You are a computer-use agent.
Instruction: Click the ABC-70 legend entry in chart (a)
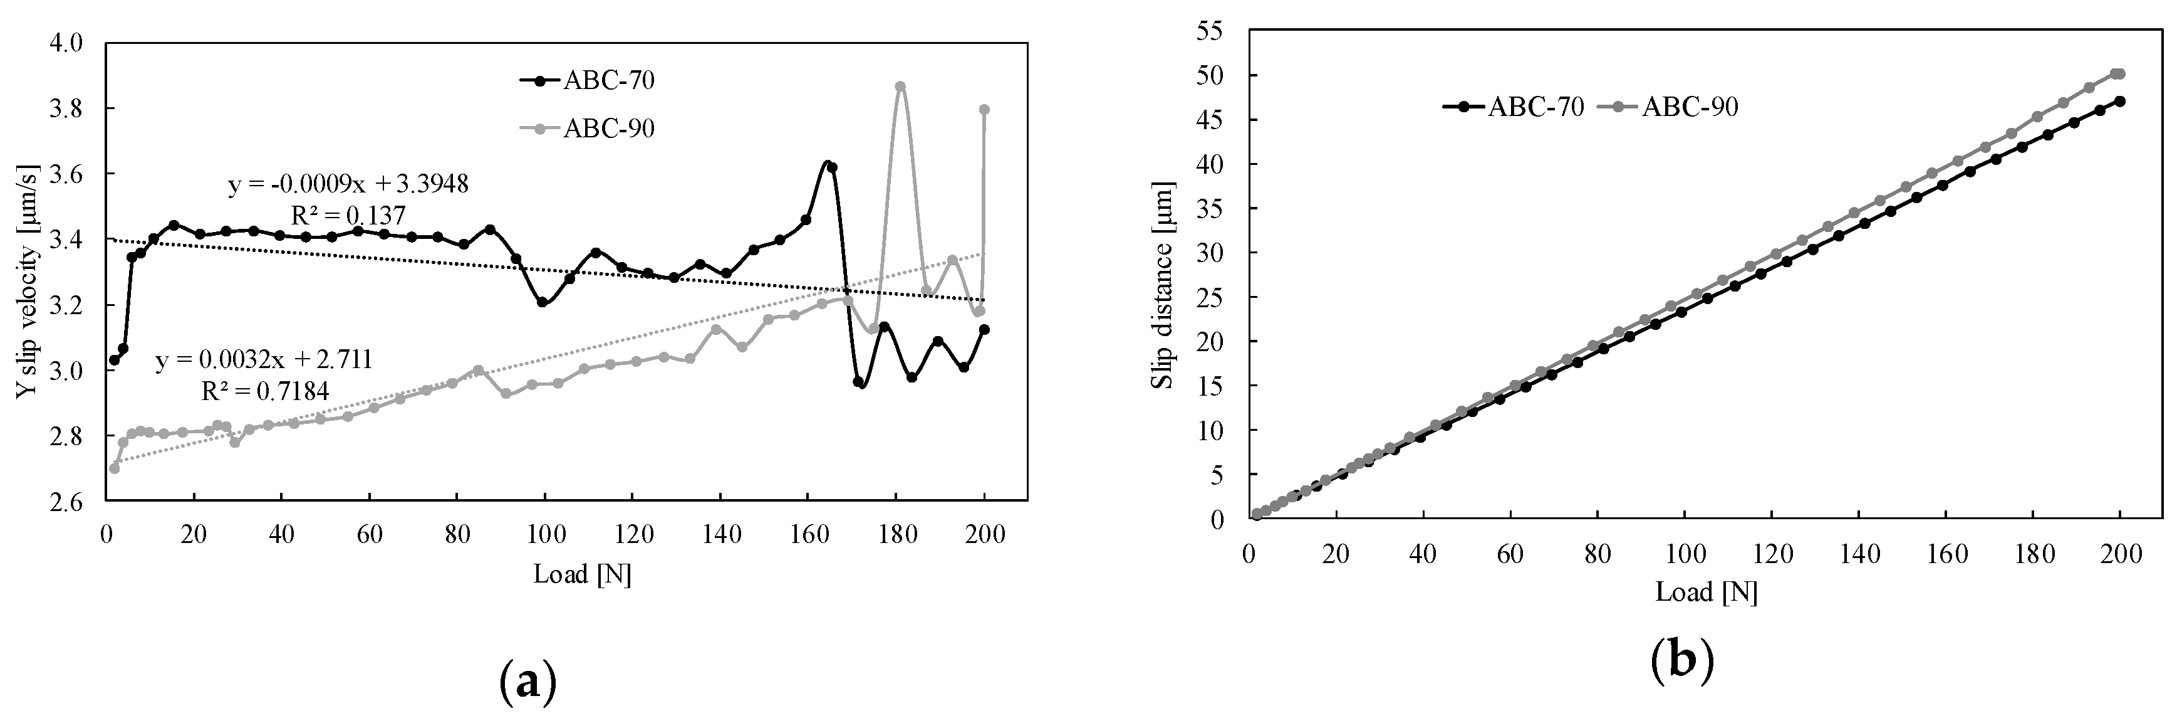[x=587, y=80]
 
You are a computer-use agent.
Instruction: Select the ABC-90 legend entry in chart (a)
[x=587, y=129]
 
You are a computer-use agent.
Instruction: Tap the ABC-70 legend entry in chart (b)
[x=1514, y=107]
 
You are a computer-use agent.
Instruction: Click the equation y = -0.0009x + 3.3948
[x=348, y=184]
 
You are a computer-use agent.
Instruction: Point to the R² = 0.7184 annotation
[x=265, y=391]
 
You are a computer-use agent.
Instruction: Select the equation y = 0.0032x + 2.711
[x=264, y=360]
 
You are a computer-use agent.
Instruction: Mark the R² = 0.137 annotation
[x=348, y=215]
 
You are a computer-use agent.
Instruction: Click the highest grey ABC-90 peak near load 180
[x=900, y=87]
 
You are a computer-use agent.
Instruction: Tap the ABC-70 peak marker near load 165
[x=832, y=167]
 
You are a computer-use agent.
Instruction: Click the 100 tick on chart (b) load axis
[x=1684, y=555]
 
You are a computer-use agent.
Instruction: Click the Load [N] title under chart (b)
[x=1706, y=591]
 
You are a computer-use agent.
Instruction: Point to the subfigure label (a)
[x=527, y=680]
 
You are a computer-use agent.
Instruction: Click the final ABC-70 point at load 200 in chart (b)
[x=2119, y=101]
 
